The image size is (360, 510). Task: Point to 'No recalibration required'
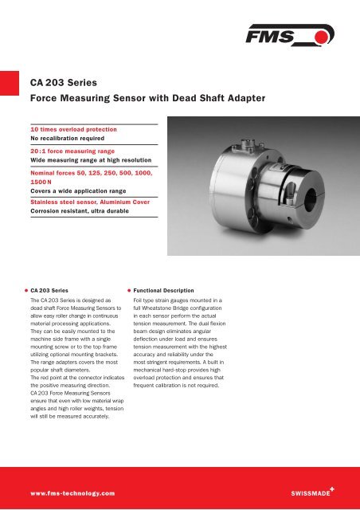click(x=68, y=137)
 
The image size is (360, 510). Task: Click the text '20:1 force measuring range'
click(x=68, y=151)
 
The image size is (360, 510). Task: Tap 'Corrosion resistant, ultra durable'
click(x=84, y=211)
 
